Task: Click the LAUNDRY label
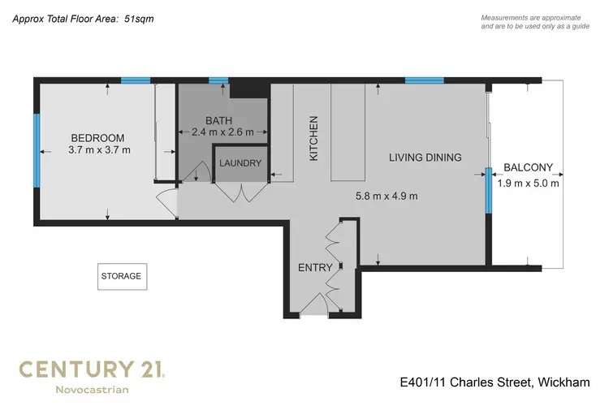point(240,163)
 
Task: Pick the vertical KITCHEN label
point(314,137)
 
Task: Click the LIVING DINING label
point(425,158)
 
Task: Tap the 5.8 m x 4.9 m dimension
point(387,196)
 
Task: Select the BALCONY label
point(528,168)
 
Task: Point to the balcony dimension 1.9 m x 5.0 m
point(528,183)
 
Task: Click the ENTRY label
point(314,267)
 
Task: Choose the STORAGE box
point(121,276)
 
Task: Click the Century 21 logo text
point(92,370)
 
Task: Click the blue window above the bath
point(218,80)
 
